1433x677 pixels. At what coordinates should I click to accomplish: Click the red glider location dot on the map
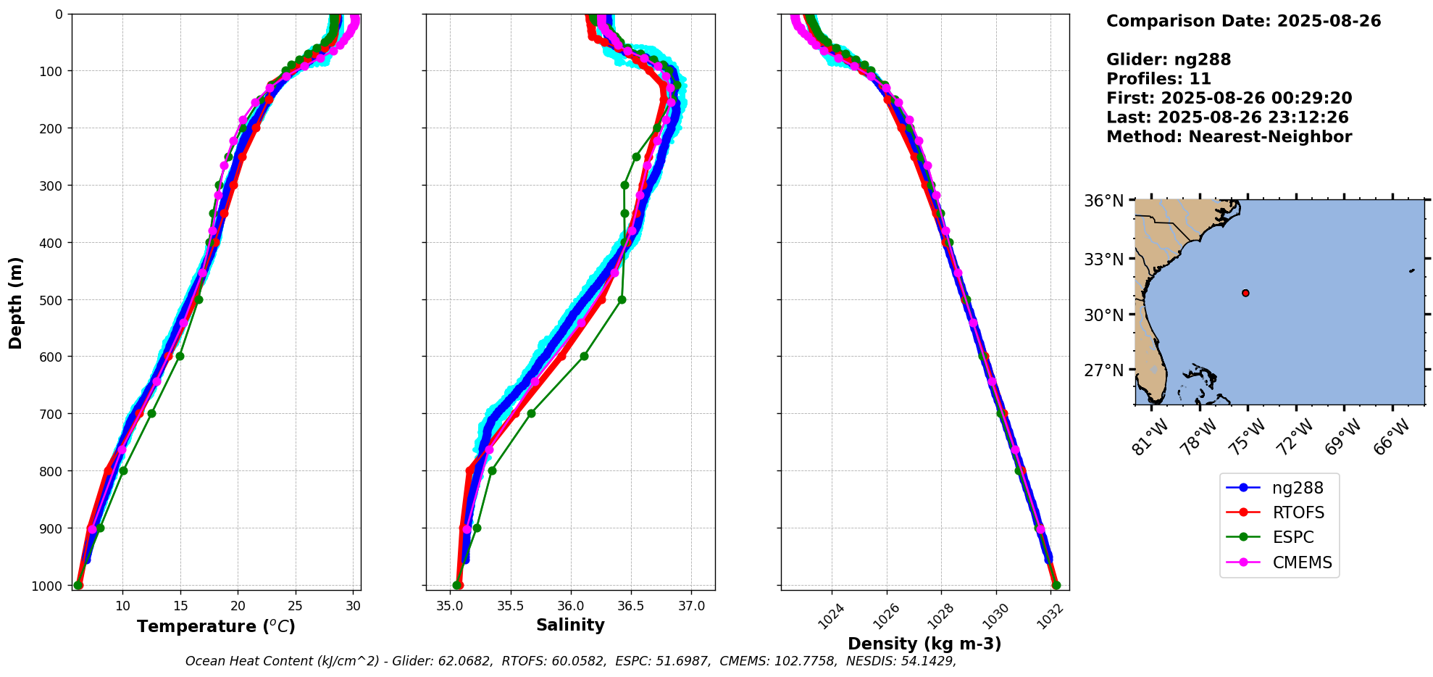[1245, 293]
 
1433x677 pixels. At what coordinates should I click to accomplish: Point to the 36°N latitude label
[1103, 201]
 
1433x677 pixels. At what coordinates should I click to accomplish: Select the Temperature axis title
[216, 626]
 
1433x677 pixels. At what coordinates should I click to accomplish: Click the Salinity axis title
[570, 625]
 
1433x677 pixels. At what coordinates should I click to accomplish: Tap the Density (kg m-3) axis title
[924, 644]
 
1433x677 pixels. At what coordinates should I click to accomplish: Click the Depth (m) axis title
[16, 302]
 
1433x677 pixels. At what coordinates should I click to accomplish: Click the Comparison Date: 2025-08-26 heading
[1243, 21]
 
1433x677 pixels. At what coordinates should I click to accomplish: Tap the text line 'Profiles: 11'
[1158, 79]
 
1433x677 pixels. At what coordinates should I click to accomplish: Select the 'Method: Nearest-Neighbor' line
[1229, 137]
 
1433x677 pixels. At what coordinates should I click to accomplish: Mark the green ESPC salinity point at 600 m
[584, 356]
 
